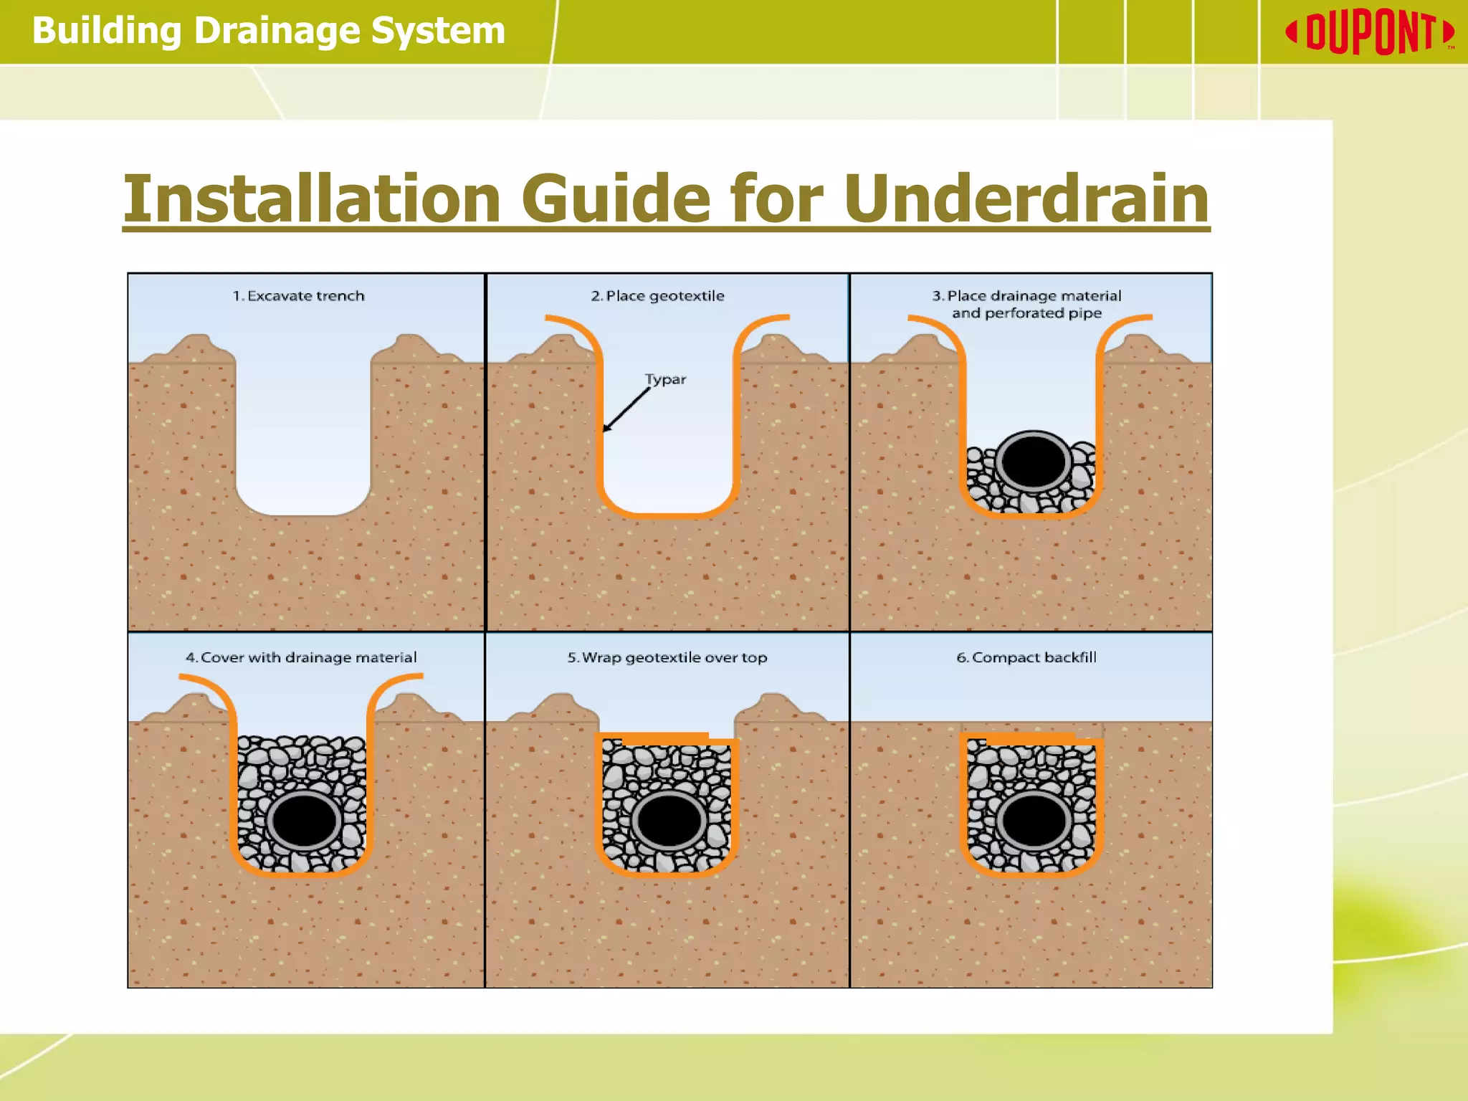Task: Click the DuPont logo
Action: [1369, 32]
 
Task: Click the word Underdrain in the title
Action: [1026, 199]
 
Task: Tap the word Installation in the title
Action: [312, 199]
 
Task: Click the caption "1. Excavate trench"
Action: [298, 296]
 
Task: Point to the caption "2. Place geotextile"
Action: [657, 296]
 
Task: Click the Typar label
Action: [665, 379]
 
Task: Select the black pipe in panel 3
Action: [1033, 461]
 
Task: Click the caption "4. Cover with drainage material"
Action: [301, 657]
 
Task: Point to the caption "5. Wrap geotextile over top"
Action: [667, 657]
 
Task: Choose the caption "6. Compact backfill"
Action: [1026, 657]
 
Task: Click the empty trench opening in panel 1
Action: [303, 430]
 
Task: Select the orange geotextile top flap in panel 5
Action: [665, 738]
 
